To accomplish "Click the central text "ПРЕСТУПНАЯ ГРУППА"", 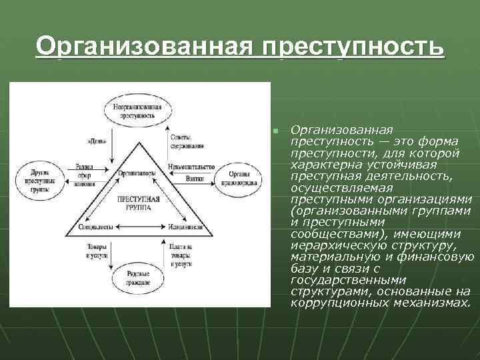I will coord(138,203).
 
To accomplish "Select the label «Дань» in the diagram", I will coord(95,141).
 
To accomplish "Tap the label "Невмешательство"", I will coord(191,167).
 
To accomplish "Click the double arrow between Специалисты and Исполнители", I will coord(138,227).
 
